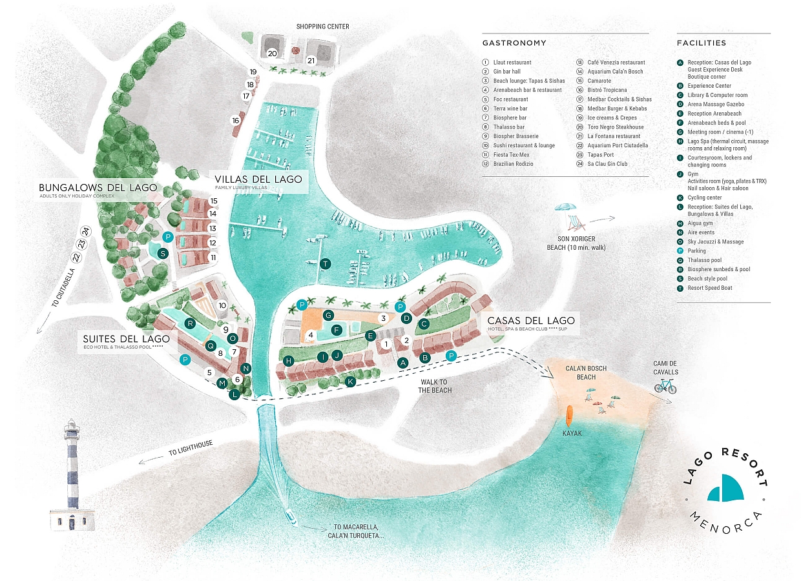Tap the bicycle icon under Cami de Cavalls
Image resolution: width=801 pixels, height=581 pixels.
[665, 386]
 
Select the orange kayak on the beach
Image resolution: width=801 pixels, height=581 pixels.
[569, 414]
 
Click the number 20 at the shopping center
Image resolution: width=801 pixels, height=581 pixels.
[272, 54]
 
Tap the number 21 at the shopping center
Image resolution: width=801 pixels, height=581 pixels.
[311, 61]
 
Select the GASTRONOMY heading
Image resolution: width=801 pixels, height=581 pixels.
[514, 43]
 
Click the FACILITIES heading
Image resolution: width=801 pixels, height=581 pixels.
[702, 43]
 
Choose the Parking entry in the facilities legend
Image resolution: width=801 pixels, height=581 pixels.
[696, 251]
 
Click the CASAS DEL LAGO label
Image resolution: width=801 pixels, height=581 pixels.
[530, 321]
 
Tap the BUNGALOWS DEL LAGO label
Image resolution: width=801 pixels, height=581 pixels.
[98, 187]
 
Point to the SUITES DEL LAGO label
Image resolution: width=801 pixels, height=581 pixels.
[126, 339]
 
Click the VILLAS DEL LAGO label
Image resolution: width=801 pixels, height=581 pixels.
[258, 179]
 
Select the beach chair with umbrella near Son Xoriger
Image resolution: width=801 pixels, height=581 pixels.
[570, 216]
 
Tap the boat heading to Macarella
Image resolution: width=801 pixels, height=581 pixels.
[290, 516]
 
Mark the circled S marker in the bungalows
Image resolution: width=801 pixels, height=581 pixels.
[163, 254]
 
